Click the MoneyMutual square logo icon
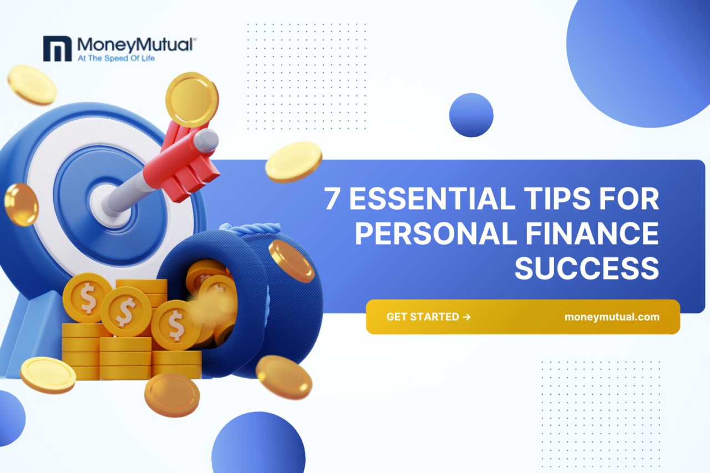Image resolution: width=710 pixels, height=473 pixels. coord(57,48)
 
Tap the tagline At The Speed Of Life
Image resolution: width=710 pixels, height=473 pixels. coord(116,58)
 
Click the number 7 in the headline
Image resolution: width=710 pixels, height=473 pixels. coord(332,199)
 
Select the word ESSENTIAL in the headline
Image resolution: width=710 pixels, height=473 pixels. coord(432,199)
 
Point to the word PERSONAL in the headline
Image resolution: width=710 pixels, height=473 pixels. coord(436,233)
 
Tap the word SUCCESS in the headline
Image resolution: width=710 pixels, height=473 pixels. coord(587,268)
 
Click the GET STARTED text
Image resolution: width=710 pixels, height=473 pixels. coord(423,317)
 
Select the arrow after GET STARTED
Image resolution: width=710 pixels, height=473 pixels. coord(466,317)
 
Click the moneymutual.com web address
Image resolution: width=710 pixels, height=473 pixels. coord(612,317)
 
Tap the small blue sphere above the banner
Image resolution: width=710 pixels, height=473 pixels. coord(471,115)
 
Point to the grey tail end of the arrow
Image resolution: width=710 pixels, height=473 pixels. coord(206,140)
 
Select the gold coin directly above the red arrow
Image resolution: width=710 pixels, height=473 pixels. coord(192,99)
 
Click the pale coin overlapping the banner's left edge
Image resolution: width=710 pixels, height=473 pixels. coord(293,162)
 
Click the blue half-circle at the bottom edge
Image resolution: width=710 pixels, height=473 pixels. coord(258,444)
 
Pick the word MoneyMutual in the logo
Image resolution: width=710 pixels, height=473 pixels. coord(135,45)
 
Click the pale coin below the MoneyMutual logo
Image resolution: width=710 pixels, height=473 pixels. coord(32,85)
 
